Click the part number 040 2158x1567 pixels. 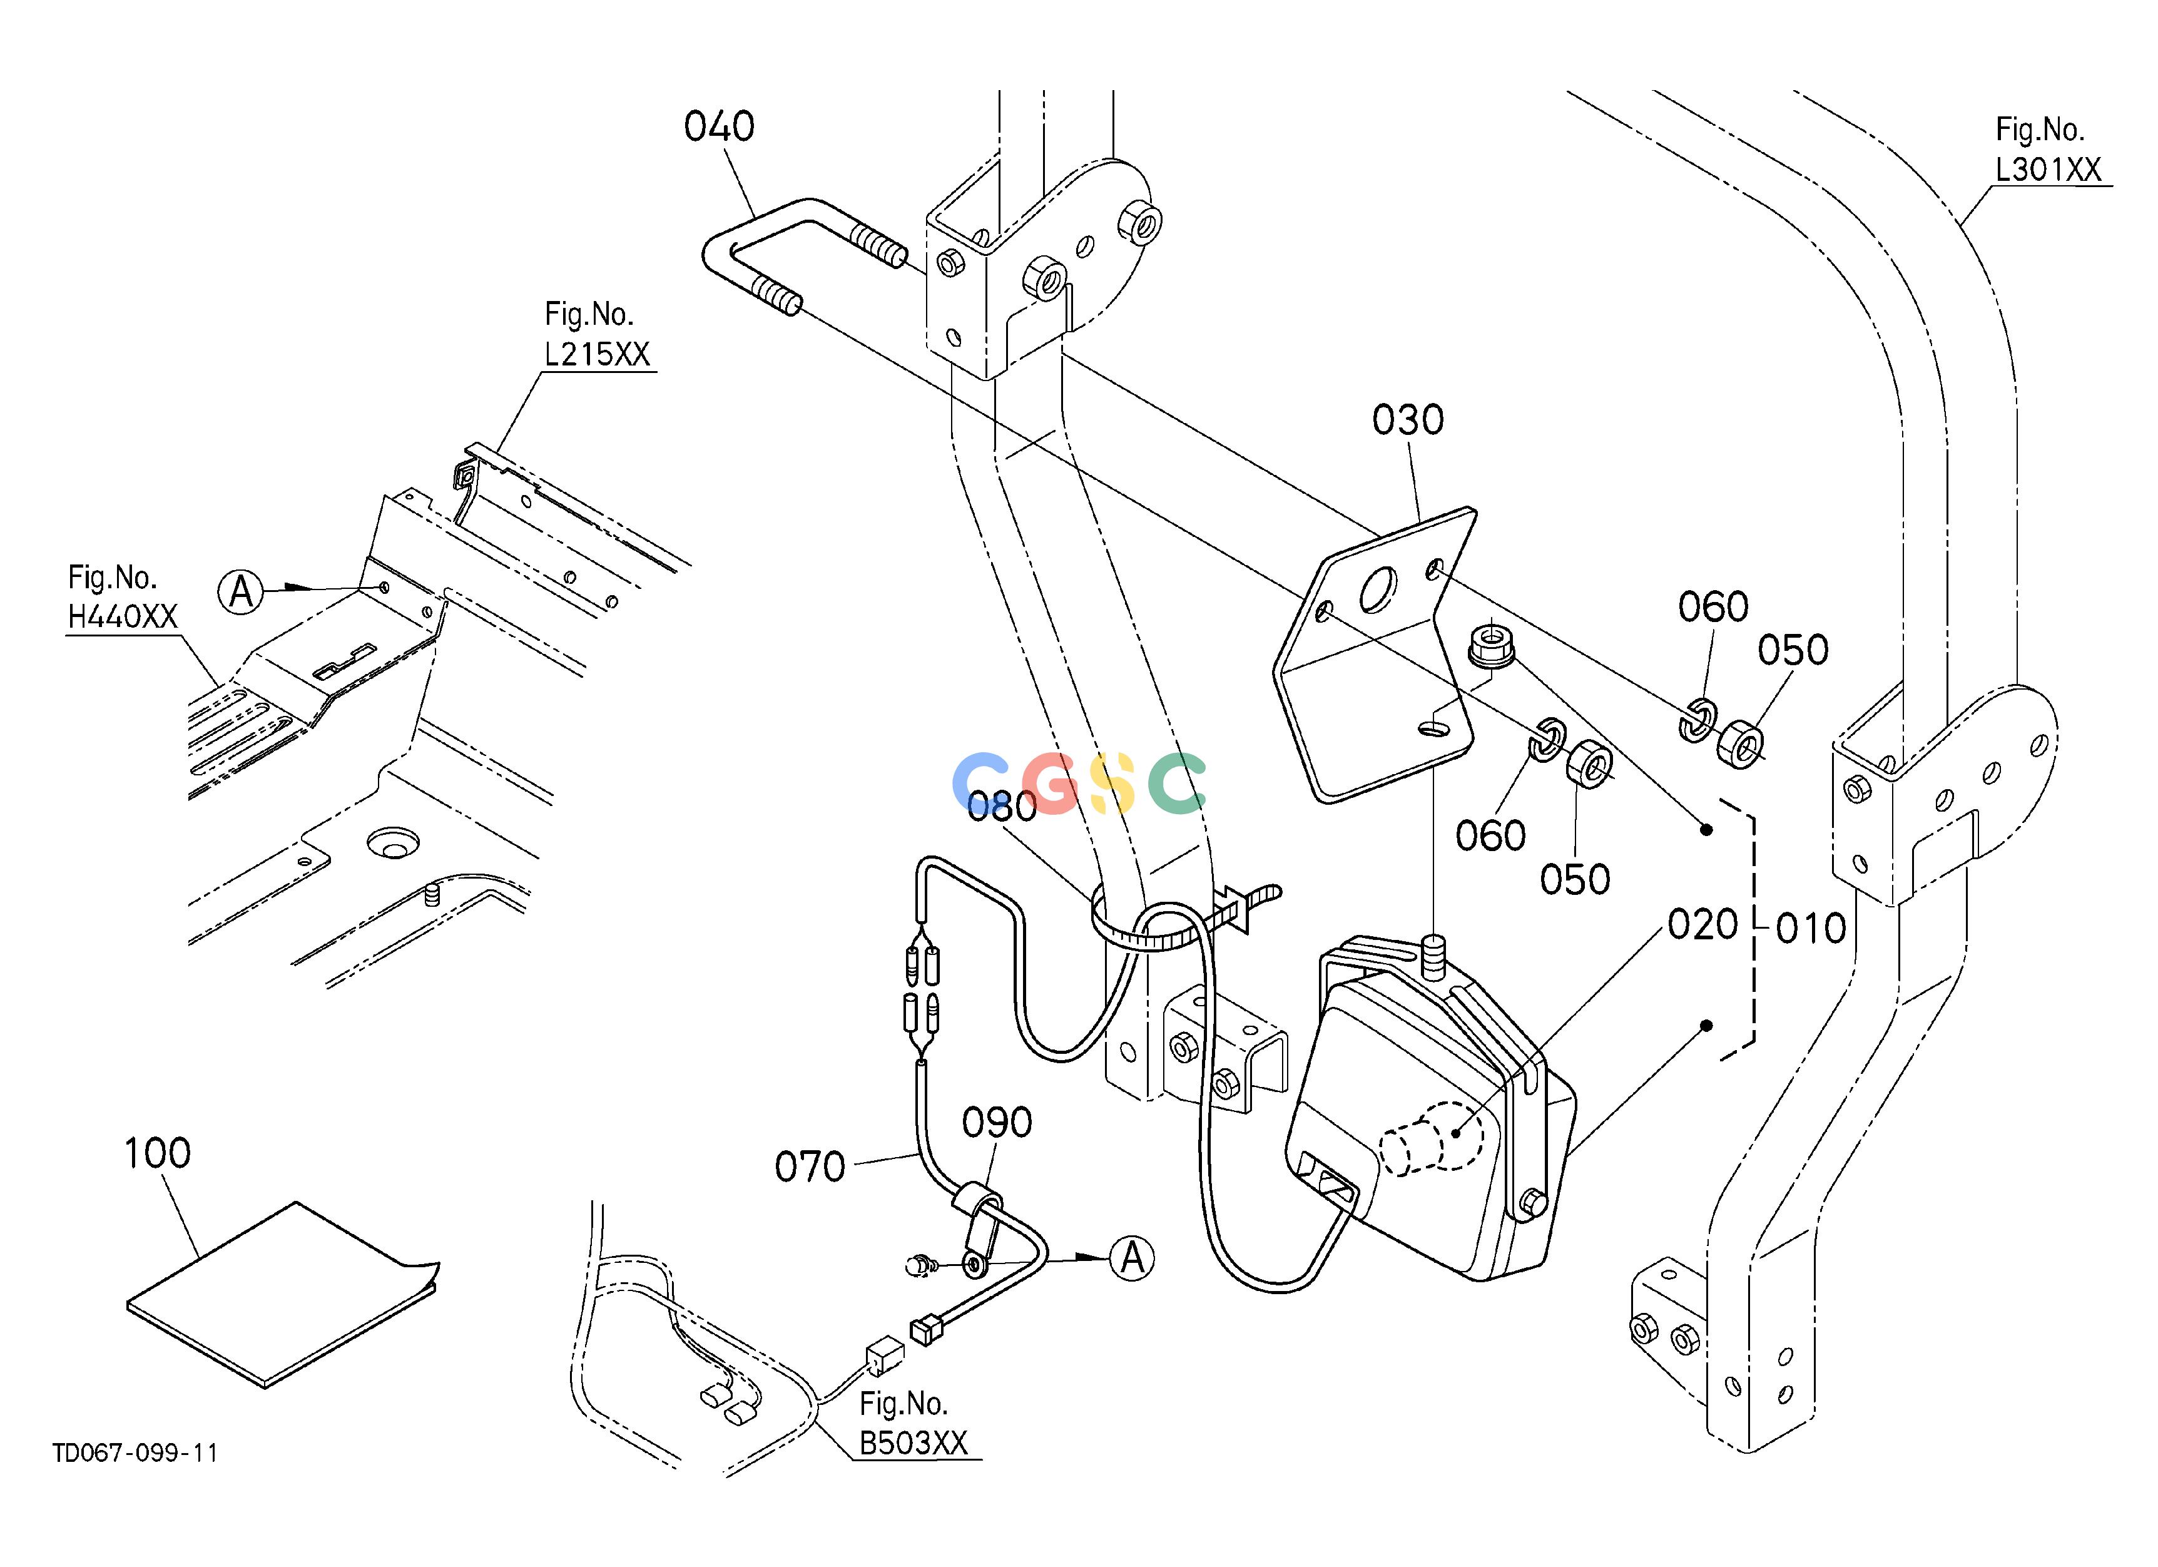tap(720, 126)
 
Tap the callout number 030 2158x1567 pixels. tap(1408, 419)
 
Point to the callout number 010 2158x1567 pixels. tap(1811, 929)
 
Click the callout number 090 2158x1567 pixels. tap(997, 1123)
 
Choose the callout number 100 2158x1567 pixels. tap(157, 1153)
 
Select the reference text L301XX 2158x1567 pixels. tap(2049, 170)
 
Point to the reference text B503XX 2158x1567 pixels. tap(914, 1443)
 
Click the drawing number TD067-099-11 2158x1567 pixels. tap(135, 1453)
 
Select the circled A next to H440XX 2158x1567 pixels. tap(241, 592)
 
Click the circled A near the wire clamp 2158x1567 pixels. tap(1131, 1258)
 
